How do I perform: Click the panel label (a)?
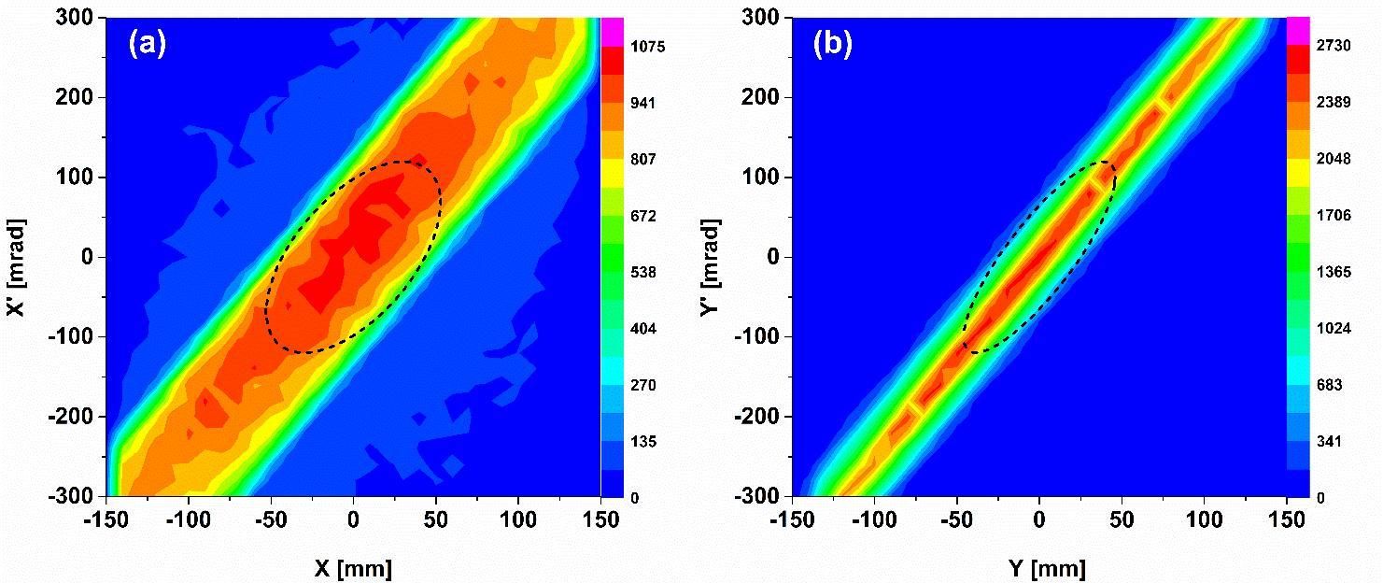click(148, 45)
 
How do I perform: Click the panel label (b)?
click(833, 45)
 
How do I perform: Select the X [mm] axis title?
click(353, 566)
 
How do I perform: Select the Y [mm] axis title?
click(1038, 566)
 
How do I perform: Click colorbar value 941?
click(642, 103)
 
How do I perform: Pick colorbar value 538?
click(642, 273)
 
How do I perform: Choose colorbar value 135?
click(642, 442)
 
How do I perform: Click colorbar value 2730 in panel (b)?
click(1333, 46)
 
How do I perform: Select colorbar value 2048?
click(1333, 160)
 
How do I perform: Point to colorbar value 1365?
click(1333, 273)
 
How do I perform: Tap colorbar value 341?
click(1329, 442)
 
